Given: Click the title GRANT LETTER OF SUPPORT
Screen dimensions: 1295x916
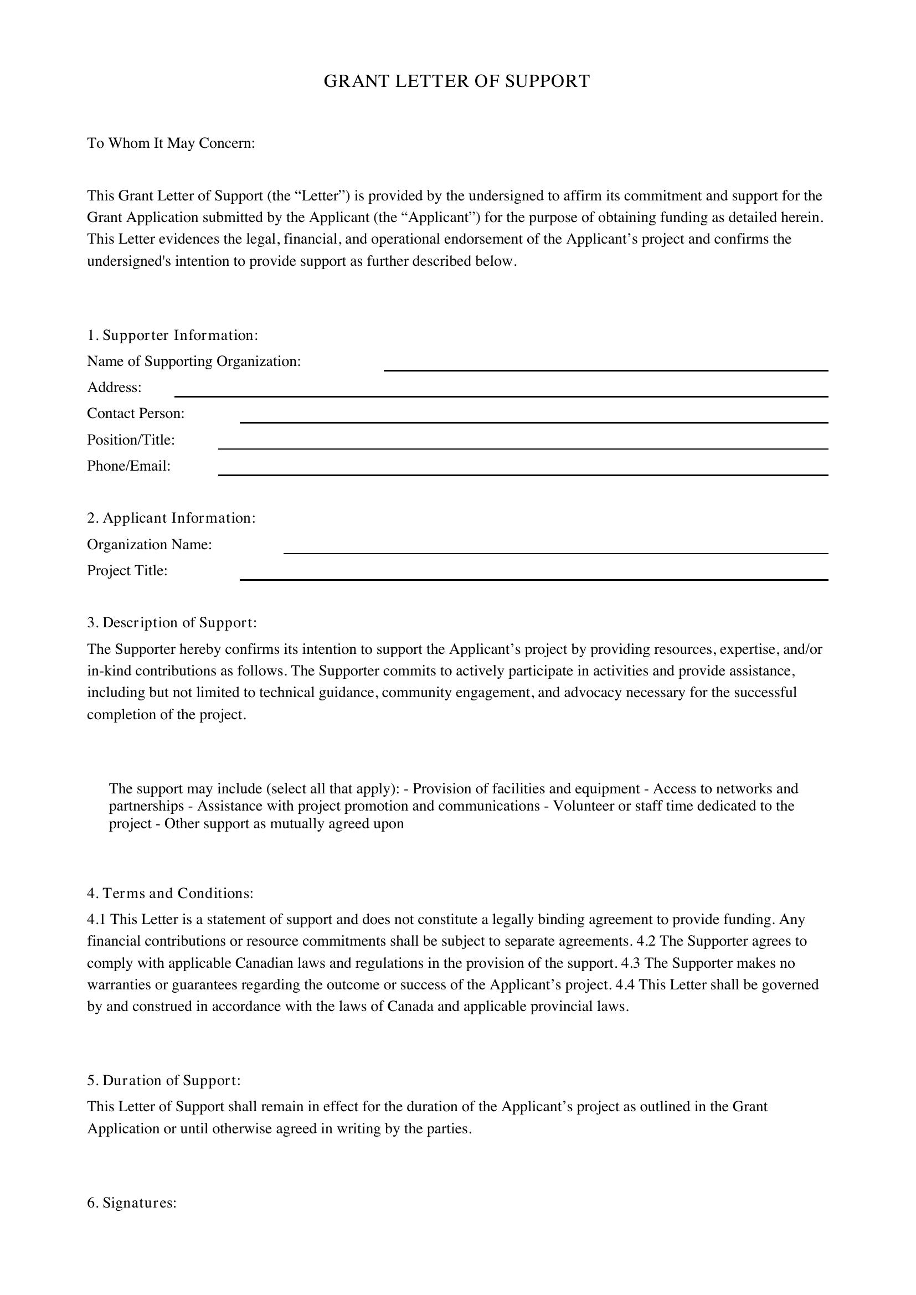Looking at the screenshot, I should [x=457, y=81].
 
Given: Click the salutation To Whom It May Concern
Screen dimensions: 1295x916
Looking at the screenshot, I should [x=171, y=143].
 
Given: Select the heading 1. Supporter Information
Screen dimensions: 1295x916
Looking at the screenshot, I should [x=172, y=336].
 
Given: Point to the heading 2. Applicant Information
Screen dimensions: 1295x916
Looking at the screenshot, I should [x=171, y=518].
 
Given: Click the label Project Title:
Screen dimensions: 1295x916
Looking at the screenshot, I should [x=127, y=571].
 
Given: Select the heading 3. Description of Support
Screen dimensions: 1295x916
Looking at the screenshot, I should [x=172, y=623].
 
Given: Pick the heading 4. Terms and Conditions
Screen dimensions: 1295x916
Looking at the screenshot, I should [x=170, y=894].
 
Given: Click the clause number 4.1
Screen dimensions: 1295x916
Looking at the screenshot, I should [x=96, y=920].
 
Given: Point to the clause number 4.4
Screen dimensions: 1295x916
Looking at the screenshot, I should [x=625, y=985].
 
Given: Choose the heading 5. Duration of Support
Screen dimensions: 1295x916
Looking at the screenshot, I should [x=163, y=1081].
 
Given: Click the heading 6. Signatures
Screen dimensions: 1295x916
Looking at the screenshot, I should [x=131, y=1204].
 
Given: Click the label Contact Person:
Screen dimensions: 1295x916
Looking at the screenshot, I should [x=135, y=414].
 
